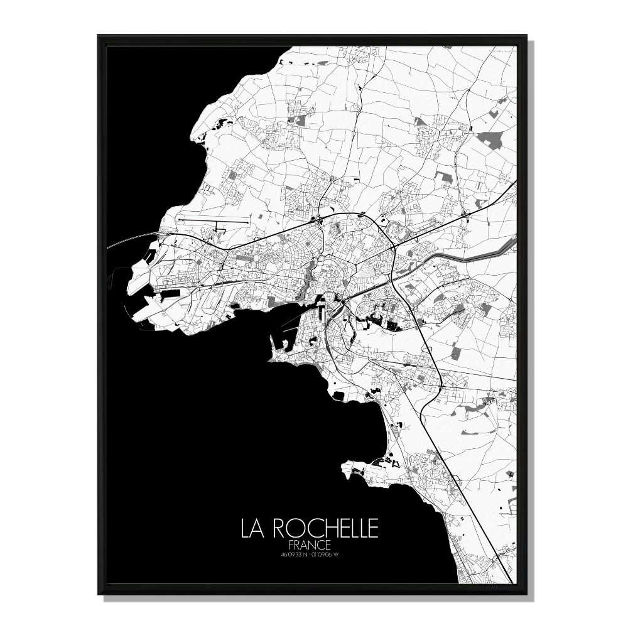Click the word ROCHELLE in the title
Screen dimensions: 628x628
pyautogui.click(x=325, y=529)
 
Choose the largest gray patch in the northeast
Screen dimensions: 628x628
pyautogui.click(x=490, y=139)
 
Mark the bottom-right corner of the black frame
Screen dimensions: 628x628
pyautogui.click(x=527, y=593)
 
